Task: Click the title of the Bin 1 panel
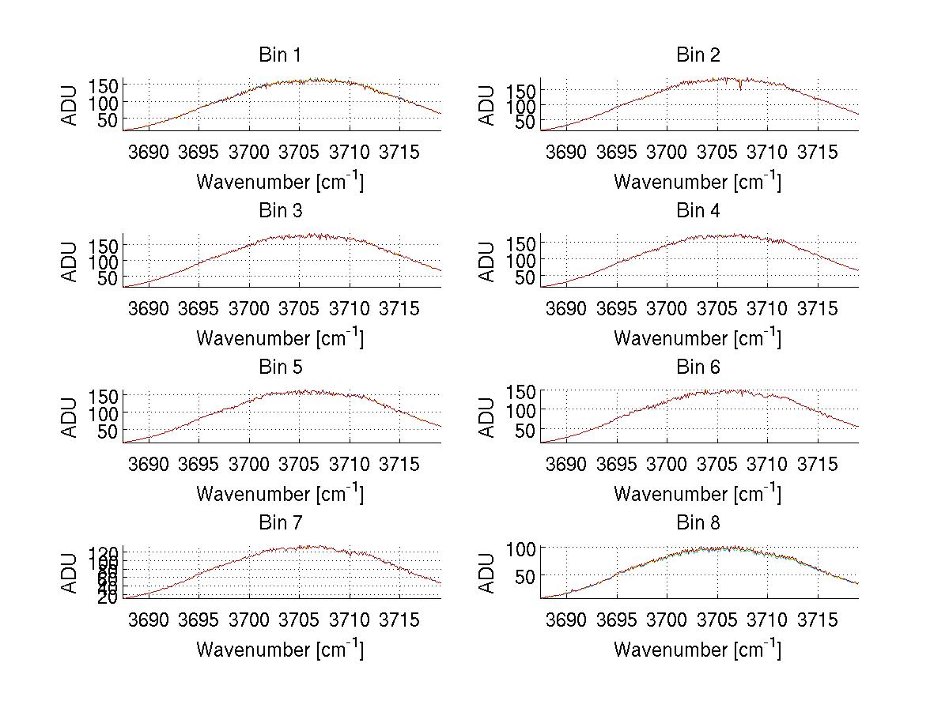point(279,55)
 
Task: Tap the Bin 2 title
point(698,55)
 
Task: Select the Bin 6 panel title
point(698,367)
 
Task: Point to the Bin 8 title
point(698,522)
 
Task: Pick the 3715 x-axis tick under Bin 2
point(817,152)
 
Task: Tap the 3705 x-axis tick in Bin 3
point(299,308)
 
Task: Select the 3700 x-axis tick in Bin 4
point(667,308)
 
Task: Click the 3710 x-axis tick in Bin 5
point(350,464)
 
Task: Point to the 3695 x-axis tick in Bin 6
point(616,464)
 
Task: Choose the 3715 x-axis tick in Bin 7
point(399,620)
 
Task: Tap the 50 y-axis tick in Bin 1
point(109,119)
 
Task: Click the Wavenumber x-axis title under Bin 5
point(279,493)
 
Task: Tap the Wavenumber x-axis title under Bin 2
point(698,181)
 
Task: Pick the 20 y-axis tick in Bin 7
point(109,597)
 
